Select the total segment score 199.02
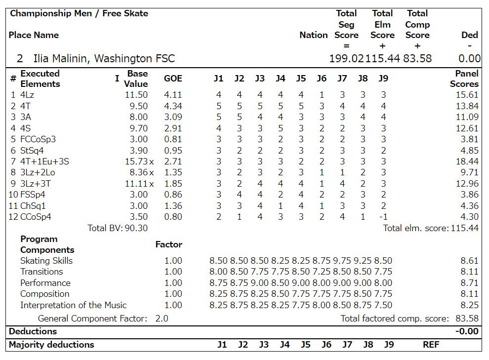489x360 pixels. pos(347,59)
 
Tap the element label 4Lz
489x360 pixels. pos(27,95)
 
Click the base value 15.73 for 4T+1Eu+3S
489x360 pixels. pos(136,161)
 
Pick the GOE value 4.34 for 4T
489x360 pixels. pos(173,106)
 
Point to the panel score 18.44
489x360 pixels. pos(467,161)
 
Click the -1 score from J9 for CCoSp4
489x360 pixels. pos(383,217)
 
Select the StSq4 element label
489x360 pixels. pos(32,150)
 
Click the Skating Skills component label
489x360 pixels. pos(46,261)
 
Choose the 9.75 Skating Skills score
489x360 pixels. pos(342,261)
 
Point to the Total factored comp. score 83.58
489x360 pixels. pos(467,319)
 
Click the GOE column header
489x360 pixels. pos(173,79)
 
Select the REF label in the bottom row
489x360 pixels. pos(431,345)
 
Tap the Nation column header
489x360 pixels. pos(313,35)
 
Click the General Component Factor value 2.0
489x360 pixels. pos(162,319)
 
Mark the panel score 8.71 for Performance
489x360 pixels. pos(469,283)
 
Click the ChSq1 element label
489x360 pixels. pos(33,206)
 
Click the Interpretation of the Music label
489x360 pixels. pos(73,305)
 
